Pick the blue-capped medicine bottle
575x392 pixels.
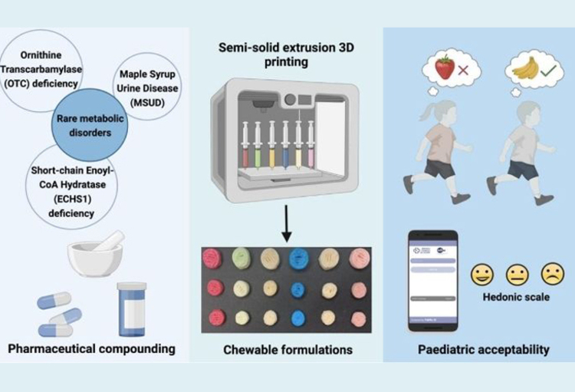(131, 306)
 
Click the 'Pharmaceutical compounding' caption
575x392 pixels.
(91, 349)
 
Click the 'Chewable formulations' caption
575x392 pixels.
(287, 350)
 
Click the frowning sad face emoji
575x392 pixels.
(552, 273)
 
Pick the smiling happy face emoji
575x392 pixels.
(481, 274)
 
